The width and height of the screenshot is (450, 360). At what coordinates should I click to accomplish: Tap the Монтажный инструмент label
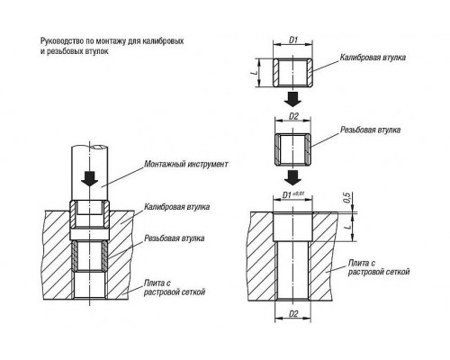[186, 164]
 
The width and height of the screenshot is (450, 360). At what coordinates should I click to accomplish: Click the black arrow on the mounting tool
[90, 178]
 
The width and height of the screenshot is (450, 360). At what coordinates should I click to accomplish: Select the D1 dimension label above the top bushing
[292, 40]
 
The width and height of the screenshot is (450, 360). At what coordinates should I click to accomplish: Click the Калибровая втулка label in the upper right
[373, 58]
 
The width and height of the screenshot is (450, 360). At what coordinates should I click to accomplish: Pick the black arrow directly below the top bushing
[292, 99]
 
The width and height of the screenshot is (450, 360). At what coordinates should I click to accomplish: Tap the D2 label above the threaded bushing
[293, 116]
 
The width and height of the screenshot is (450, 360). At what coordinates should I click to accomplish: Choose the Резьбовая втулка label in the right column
[370, 130]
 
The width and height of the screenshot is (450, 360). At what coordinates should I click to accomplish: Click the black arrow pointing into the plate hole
[292, 178]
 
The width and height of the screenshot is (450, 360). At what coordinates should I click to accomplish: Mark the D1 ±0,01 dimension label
[293, 194]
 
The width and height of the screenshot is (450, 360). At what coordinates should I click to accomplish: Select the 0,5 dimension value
[346, 198]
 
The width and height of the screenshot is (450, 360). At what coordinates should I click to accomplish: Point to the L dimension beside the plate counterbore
[348, 227]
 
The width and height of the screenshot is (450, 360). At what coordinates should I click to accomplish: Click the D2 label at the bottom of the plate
[293, 314]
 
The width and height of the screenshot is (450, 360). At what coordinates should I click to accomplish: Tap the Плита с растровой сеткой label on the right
[379, 267]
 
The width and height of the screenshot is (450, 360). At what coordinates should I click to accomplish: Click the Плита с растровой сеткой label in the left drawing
[175, 287]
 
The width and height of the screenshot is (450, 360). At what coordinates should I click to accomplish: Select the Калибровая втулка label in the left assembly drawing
[176, 207]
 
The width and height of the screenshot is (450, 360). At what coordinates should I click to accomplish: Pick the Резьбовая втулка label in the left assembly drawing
[175, 238]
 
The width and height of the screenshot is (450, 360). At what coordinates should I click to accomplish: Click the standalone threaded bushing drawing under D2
[292, 149]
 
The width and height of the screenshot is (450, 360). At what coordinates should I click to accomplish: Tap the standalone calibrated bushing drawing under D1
[292, 72]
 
